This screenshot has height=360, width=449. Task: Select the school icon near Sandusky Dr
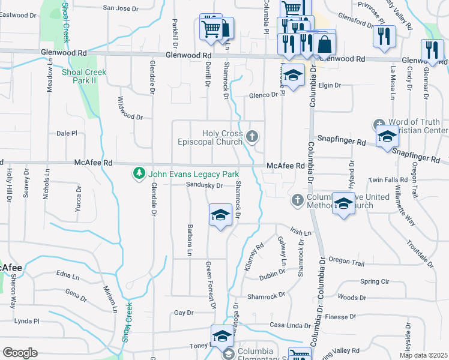(220, 215)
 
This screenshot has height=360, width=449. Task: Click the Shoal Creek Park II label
(84, 76)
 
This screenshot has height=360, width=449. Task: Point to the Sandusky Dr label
(204, 185)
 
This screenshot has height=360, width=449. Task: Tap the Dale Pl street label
(67, 133)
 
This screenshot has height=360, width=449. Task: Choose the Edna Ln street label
(67, 277)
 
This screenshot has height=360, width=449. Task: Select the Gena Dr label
(76, 293)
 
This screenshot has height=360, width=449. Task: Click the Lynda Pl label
(26, 321)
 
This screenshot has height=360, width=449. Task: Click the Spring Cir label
(375, 281)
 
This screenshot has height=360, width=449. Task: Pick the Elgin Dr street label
(329, 85)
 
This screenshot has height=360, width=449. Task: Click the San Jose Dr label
(121, 8)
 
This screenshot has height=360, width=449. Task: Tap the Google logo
(20, 352)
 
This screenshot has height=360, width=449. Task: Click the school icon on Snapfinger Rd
(387, 137)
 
